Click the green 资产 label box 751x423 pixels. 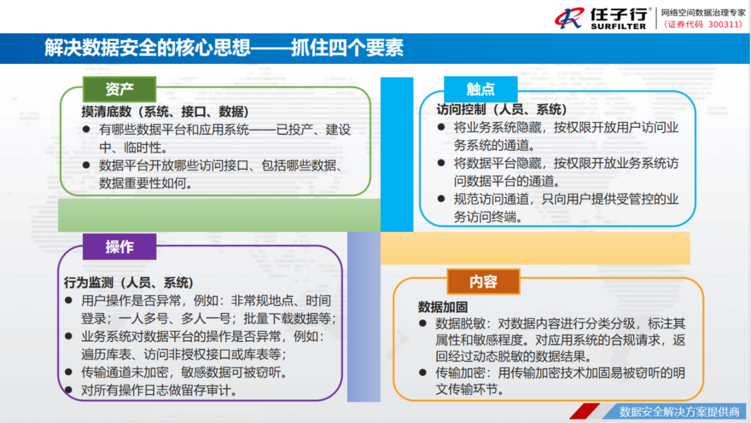[x=120, y=89]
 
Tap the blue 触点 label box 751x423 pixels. [x=480, y=89]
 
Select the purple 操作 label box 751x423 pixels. [x=120, y=247]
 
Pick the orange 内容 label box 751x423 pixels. [x=483, y=282]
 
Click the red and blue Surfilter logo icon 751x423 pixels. [x=569, y=18]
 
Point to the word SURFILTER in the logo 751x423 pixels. [x=618, y=26]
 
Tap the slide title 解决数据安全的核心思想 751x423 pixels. [x=147, y=47]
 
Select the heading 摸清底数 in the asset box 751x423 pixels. [x=106, y=112]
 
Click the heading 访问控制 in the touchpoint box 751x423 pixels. [x=461, y=109]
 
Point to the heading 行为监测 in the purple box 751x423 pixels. [x=88, y=283]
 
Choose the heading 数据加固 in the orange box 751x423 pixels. [x=442, y=307]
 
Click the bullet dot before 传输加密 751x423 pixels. [x=422, y=372]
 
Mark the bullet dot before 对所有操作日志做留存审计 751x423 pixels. [x=68, y=389]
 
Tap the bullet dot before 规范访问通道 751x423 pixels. [x=441, y=199]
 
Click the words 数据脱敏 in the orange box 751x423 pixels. [x=460, y=324]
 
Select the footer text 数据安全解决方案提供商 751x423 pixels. [x=679, y=412]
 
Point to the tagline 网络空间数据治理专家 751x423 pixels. [x=702, y=13]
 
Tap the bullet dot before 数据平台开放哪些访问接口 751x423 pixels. [x=86, y=165]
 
